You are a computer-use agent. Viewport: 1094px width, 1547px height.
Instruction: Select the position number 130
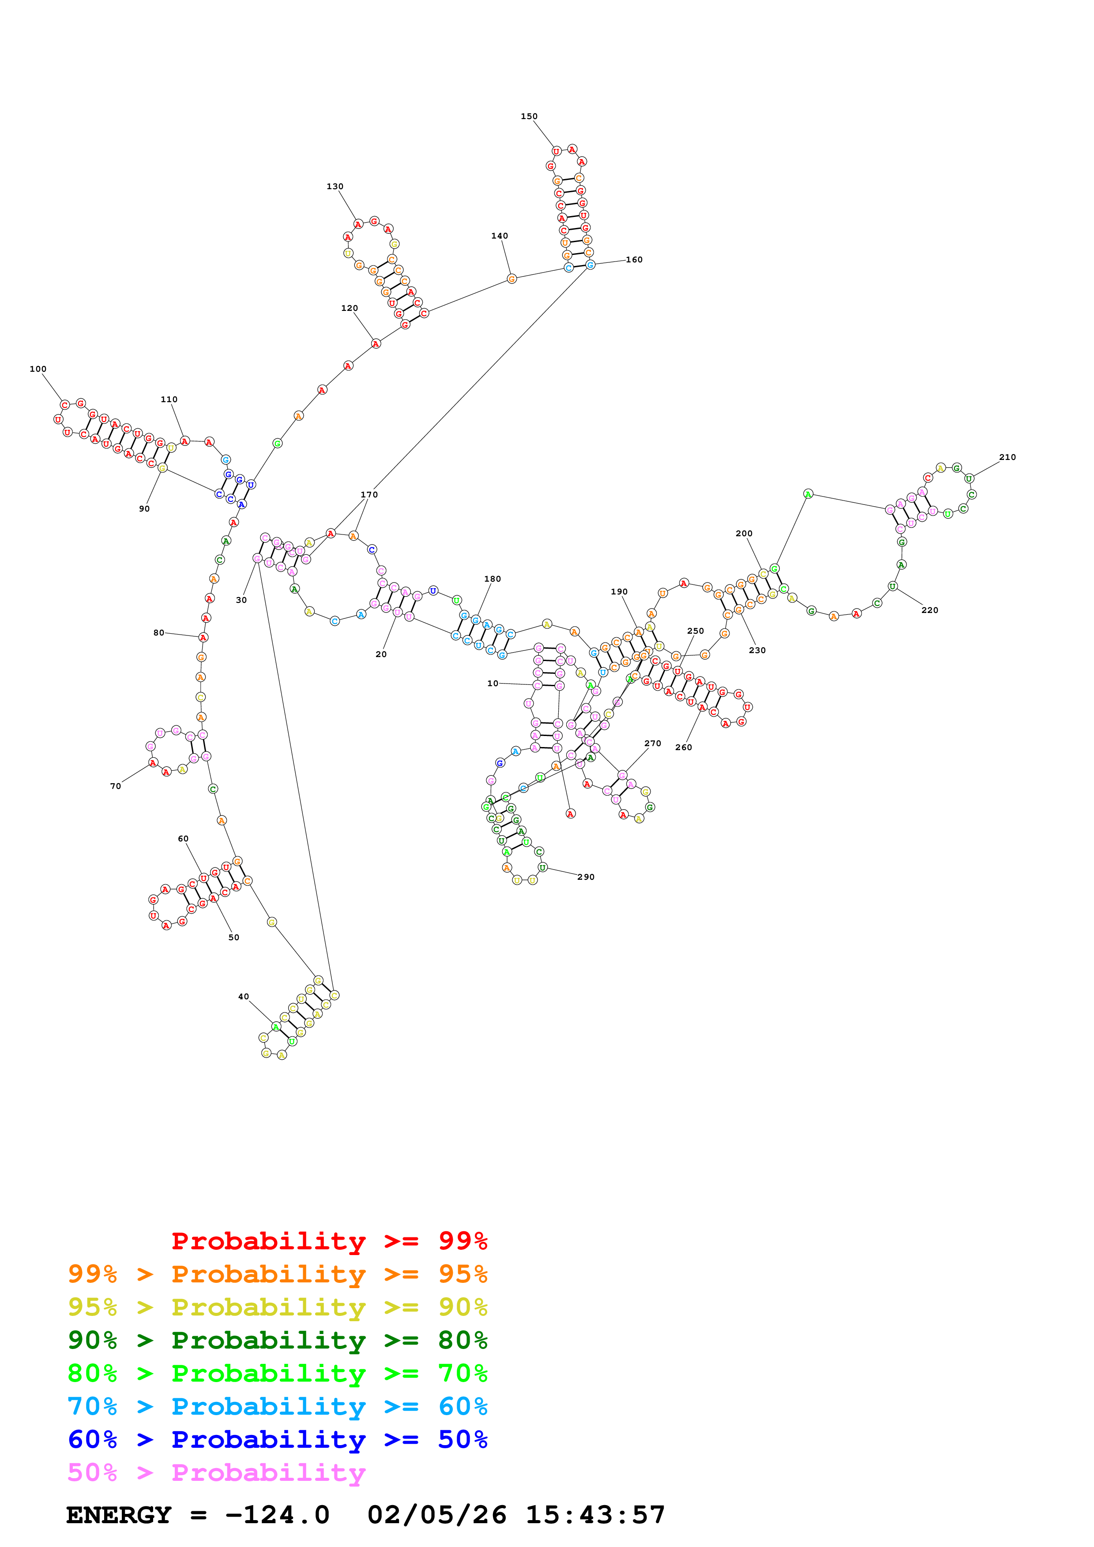[335, 187]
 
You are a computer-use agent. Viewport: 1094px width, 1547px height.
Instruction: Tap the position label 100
[38, 369]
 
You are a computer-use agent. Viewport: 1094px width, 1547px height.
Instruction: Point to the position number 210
[1007, 457]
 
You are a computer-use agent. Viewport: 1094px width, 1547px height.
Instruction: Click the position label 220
[929, 610]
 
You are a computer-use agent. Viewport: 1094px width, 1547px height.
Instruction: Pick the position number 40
[243, 997]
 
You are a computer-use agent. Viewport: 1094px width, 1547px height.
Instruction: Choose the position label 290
[586, 877]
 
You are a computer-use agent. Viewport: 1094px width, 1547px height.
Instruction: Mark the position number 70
[115, 786]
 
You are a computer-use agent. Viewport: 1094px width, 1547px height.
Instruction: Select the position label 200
[744, 534]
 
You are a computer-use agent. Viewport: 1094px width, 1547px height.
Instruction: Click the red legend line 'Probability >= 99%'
[329, 1241]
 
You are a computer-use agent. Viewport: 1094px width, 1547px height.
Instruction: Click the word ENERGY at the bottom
[119, 1515]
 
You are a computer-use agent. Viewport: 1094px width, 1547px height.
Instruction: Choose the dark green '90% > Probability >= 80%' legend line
[277, 1340]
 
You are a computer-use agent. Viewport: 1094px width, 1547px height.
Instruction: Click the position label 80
[158, 633]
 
